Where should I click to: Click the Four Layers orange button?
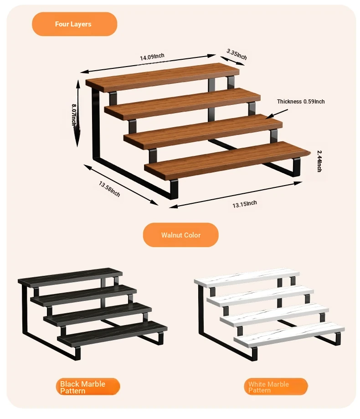click(x=75, y=24)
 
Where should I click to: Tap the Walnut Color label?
click(x=181, y=235)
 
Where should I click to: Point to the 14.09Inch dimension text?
click(x=152, y=57)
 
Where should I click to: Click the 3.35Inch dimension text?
click(x=237, y=54)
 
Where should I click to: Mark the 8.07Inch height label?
click(x=74, y=115)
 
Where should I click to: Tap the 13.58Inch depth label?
click(x=109, y=189)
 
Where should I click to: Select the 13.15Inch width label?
click(x=245, y=204)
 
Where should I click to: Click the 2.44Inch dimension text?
click(x=319, y=161)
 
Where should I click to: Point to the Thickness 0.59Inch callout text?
click(x=301, y=102)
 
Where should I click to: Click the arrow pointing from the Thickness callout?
click(x=277, y=114)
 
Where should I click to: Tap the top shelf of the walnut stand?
click(x=162, y=78)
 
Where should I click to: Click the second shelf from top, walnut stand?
click(x=182, y=104)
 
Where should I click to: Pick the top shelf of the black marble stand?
click(x=70, y=278)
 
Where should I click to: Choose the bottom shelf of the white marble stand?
click(x=289, y=335)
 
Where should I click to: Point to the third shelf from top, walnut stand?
click(x=203, y=132)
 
